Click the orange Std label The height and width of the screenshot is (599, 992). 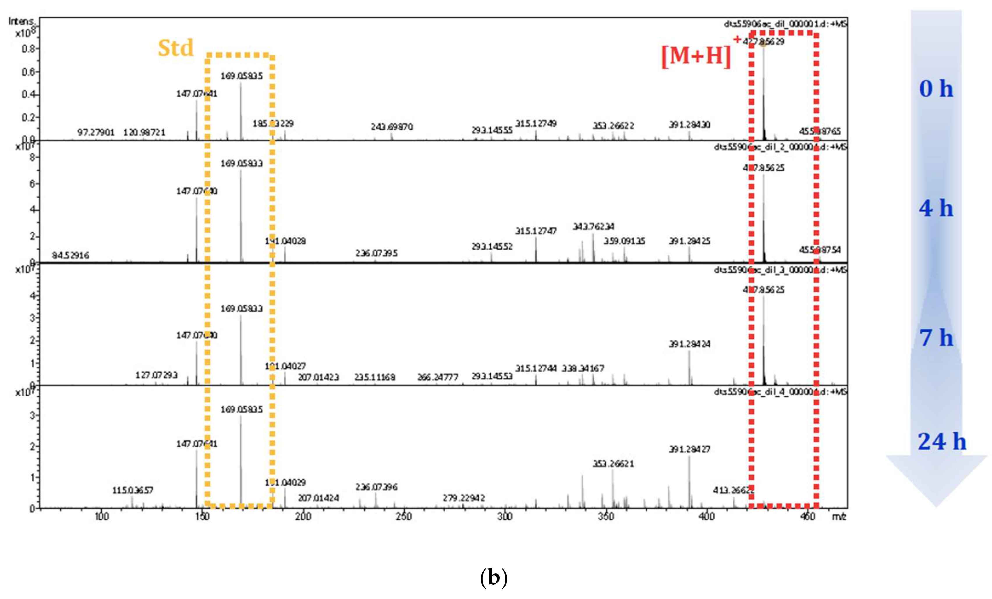click(176, 48)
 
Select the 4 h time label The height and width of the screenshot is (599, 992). click(936, 208)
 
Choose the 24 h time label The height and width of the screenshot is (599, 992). click(942, 441)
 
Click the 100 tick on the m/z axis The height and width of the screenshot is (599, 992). click(102, 517)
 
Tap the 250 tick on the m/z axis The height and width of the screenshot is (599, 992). click(403, 517)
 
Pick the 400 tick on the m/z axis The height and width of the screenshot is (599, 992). click(706, 517)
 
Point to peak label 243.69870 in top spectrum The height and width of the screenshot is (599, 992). click(392, 127)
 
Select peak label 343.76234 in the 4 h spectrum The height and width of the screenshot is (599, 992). click(594, 227)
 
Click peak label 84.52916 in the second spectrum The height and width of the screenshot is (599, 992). click(70, 255)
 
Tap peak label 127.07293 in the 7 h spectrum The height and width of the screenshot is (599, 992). click(156, 375)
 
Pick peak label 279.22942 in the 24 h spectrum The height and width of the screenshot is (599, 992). click(464, 498)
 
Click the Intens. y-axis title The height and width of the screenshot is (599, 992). click(22, 21)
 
